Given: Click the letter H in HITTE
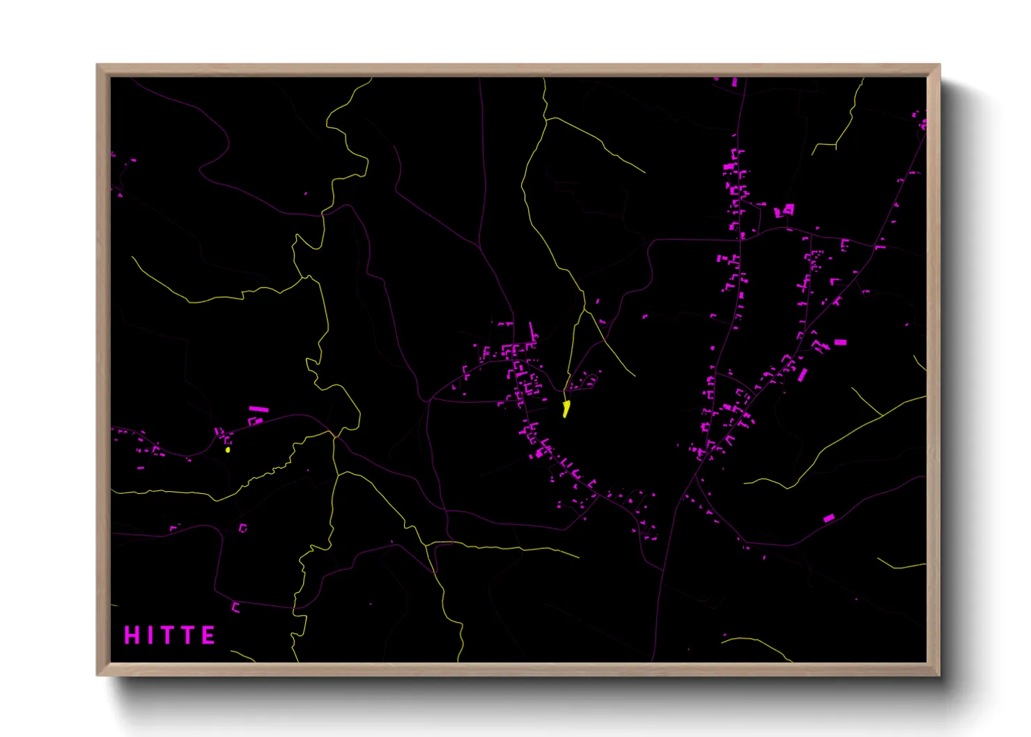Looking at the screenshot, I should point(131,635).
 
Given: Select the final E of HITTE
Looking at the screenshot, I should point(208,635).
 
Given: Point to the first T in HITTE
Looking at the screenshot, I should point(167,635).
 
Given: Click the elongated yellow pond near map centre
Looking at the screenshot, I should point(566,409).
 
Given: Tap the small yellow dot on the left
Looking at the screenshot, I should point(228,449).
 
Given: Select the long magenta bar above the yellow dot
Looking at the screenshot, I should point(258,409).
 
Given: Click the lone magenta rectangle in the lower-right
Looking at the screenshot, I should point(828,518).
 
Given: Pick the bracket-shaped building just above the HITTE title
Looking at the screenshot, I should point(235,607).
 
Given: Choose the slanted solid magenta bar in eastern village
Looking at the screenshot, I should point(802,375).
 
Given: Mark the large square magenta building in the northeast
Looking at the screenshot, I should point(789,208).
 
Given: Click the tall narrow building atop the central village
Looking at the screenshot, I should point(532,331).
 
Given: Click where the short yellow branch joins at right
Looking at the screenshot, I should point(881,414).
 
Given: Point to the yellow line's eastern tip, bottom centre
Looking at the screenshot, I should point(578,557).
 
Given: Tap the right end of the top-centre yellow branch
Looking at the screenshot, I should point(644,172).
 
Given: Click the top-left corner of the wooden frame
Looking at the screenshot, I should point(98,65).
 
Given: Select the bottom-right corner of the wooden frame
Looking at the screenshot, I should point(940,675).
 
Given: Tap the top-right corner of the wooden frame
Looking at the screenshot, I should point(940,65).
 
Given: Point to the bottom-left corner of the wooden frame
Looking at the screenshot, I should point(98,675).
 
